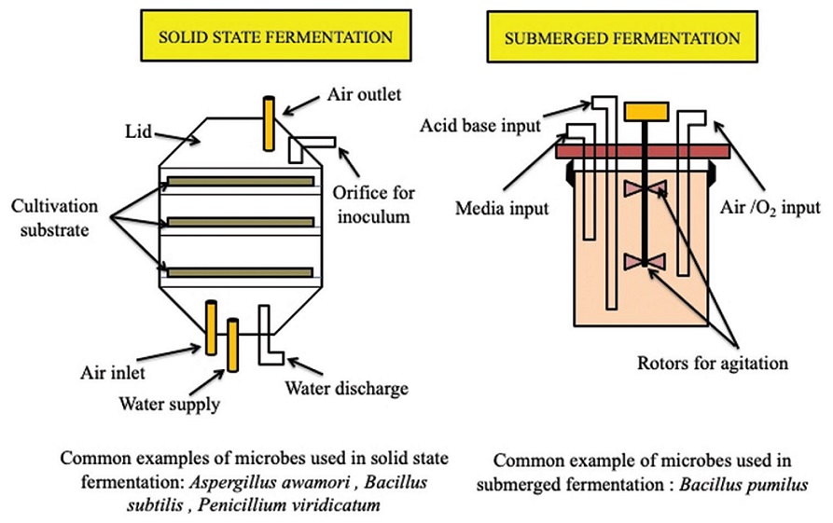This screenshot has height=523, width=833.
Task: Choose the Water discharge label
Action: click(354, 387)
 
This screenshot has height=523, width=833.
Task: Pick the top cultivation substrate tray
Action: click(241, 180)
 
